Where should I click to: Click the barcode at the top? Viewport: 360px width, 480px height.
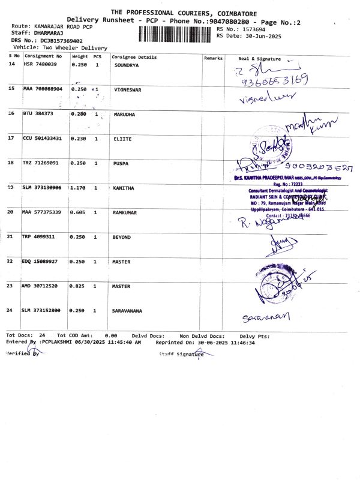click(176, 34)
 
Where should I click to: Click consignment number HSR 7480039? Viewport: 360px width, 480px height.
click(40, 64)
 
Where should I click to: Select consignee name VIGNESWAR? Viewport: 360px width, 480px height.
click(128, 89)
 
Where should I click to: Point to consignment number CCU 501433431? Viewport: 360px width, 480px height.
click(42, 139)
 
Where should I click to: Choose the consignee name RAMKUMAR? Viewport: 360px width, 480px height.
click(127, 212)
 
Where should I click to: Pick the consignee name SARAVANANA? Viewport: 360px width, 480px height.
click(130, 311)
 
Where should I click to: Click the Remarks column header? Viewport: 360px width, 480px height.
click(213, 58)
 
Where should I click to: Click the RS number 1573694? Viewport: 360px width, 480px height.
click(248, 29)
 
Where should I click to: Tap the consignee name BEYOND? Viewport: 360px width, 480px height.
click(122, 238)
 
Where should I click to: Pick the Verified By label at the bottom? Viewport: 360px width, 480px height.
click(22, 354)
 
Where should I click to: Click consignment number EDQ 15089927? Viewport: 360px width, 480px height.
click(40, 262)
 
